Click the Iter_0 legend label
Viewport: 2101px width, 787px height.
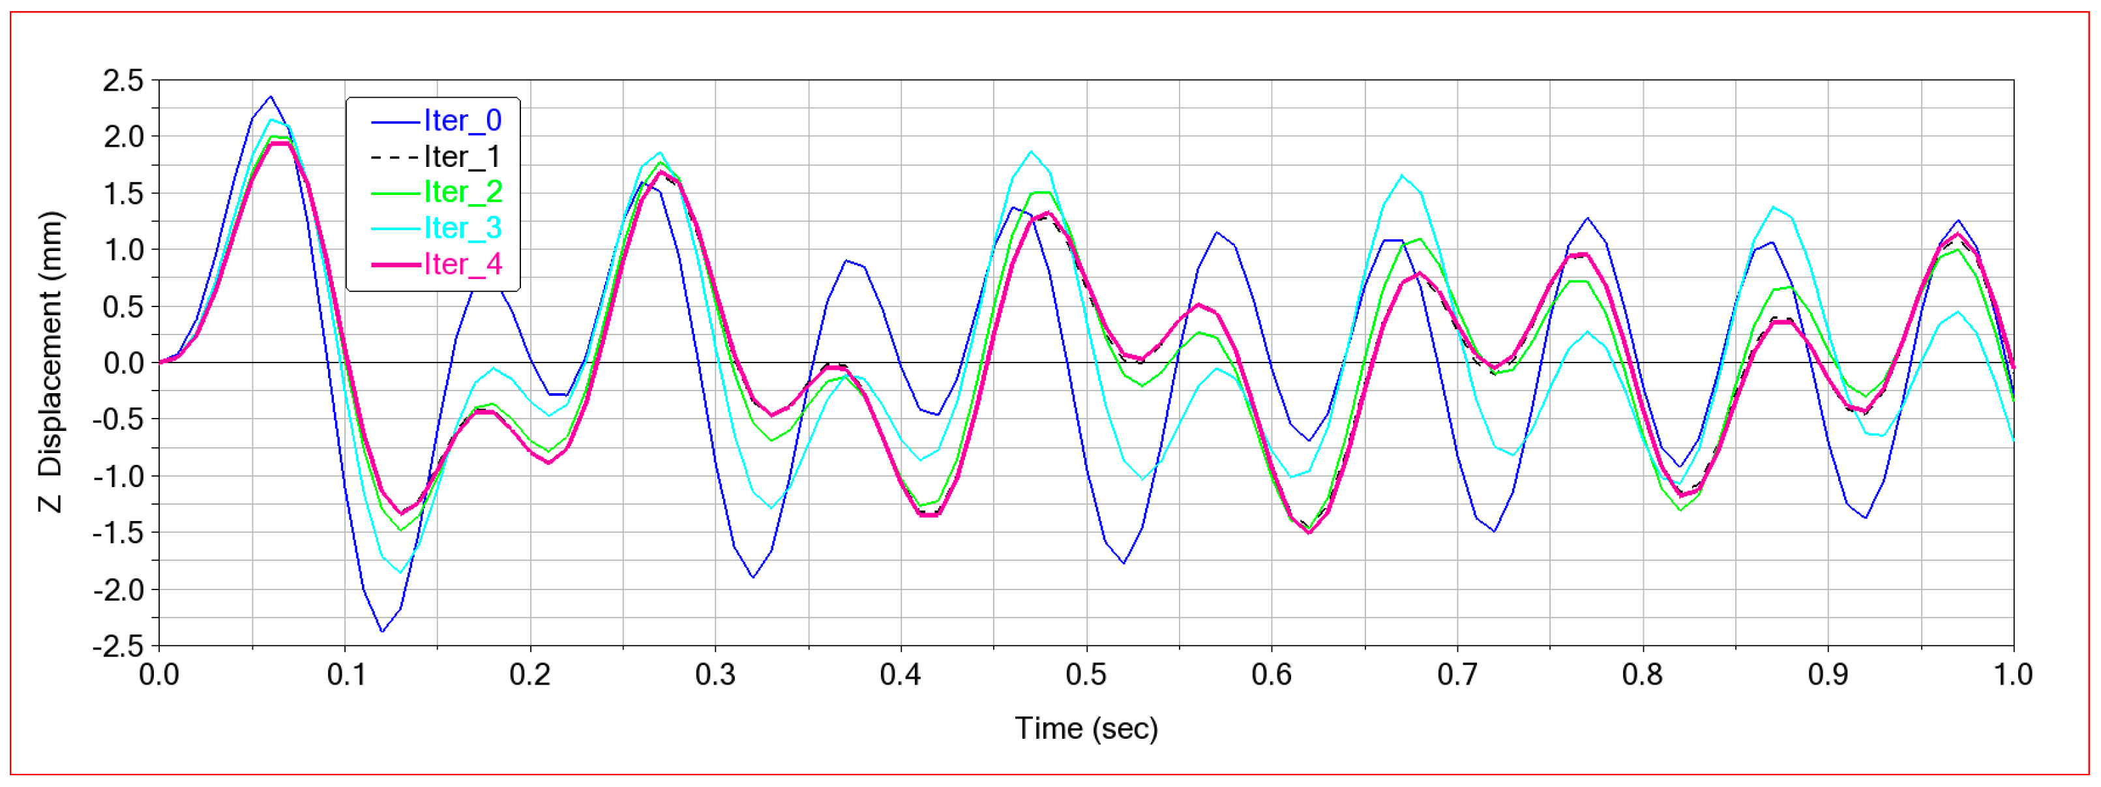(462, 121)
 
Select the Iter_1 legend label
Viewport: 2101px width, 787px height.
(462, 156)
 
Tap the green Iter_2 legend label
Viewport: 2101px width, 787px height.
(462, 192)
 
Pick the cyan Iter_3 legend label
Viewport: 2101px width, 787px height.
(462, 228)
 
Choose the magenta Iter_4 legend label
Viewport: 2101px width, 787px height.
(462, 264)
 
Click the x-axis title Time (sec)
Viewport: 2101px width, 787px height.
(1086, 728)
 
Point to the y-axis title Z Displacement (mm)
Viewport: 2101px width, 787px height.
(51, 362)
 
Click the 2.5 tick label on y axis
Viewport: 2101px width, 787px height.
(123, 81)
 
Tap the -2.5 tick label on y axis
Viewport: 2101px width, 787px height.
(117, 647)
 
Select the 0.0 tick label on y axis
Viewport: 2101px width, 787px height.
(123, 363)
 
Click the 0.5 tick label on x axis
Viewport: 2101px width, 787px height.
(1086, 676)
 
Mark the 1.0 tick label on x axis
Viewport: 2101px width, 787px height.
(2013, 676)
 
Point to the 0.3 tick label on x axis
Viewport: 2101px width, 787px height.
(715, 676)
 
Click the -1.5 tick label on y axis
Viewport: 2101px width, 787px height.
(117, 533)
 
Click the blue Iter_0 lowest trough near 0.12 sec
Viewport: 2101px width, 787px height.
(381, 631)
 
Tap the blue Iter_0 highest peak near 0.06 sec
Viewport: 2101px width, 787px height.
(271, 97)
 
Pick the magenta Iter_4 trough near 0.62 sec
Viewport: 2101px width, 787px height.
(1309, 533)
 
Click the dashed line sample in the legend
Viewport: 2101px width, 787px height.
(395, 156)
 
